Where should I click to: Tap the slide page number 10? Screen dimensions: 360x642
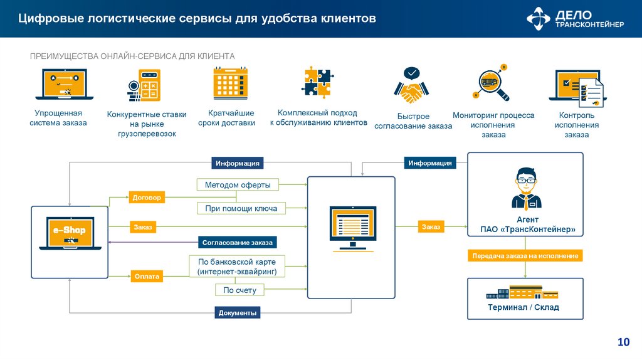click(623, 342)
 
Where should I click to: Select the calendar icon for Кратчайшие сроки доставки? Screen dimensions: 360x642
click(230, 83)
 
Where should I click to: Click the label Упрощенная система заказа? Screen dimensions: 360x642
click(58, 118)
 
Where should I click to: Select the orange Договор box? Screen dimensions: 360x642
click(147, 197)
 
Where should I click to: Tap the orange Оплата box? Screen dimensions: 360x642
click(147, 276)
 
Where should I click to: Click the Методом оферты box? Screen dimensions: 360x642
click(238, 185)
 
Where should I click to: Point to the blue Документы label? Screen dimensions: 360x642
click(238, 312)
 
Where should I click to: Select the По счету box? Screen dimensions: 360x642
click(239, 290)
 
